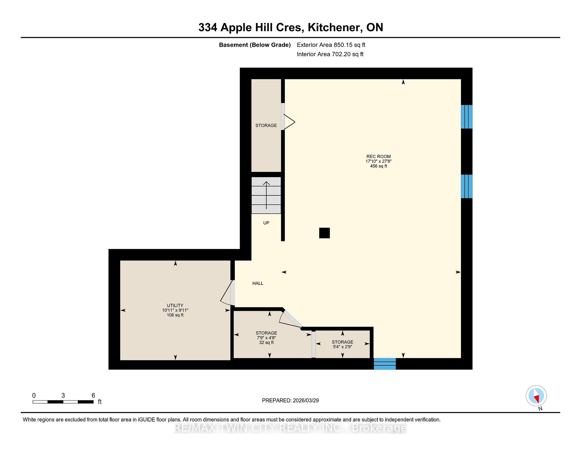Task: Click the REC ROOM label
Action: click(379, 156)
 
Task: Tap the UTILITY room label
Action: click(175, 305)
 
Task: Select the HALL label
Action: click(258, 283)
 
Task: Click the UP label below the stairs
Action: click(266, 223)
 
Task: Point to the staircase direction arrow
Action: click(266, 195)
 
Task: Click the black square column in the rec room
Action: click(324, 233)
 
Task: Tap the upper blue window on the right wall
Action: click(467, 117)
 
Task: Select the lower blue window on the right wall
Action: click(467, 186)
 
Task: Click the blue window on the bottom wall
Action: click(385, 364)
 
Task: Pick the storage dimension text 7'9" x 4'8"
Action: click(266, 338)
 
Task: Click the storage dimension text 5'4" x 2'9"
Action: click(343, 347)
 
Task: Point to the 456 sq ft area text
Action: click(379, 166)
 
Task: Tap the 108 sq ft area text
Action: click(175, 315)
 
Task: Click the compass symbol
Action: click(536, 396)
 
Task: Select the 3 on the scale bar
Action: click(63, 395)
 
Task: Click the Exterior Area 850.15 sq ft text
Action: click(331, 45)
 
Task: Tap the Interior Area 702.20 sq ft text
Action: click(330, 54)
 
